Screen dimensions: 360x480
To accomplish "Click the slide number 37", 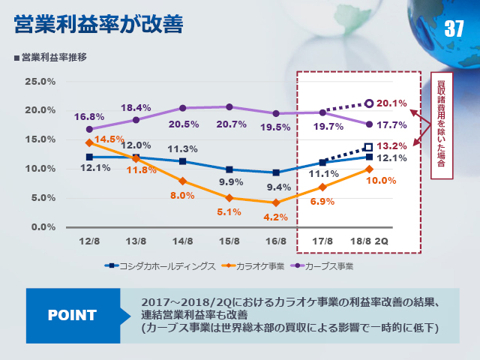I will pos(454,30).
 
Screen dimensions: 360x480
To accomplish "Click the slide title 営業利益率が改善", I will pos(98,22).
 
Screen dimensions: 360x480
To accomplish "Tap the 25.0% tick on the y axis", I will pos(40,81).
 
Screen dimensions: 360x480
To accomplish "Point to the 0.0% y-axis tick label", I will pos(42,226).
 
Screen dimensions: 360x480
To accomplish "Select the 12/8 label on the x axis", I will pos(89,241).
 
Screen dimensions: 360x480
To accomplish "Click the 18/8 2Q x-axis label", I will pos(370,241).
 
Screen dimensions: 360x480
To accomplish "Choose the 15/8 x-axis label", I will pos(229,241).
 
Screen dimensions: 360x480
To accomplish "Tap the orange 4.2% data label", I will pos(276,217).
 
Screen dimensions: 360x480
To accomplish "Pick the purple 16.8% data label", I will pos(89,117).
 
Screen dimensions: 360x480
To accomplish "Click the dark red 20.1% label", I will pos(392,103).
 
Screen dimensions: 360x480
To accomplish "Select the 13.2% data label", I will pos(392,145).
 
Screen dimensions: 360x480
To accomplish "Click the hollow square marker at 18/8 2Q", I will pos(368,148).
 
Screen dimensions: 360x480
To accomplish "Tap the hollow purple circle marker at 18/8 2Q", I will pos(368,103).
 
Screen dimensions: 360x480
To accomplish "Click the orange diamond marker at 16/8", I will pos(276,202).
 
